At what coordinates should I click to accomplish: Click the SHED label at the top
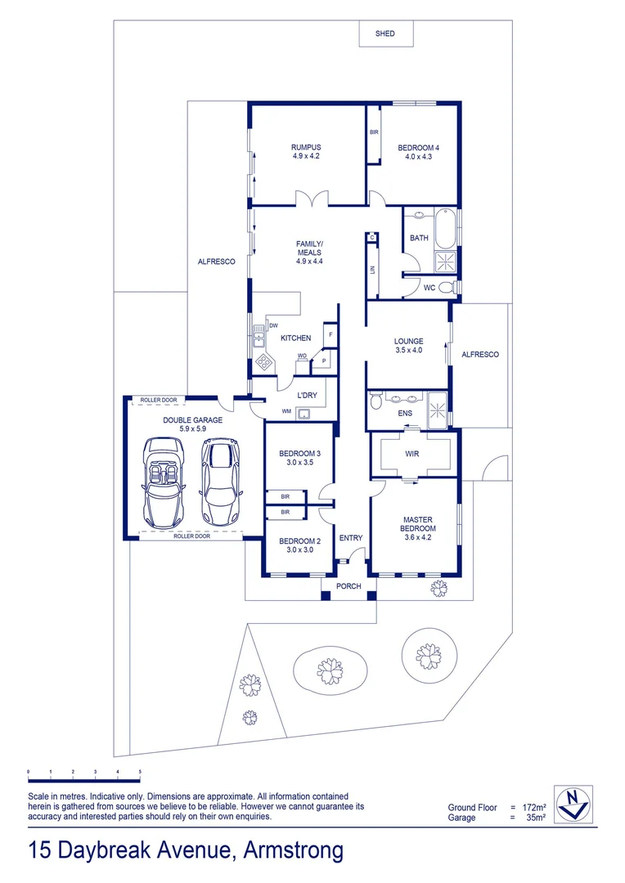[x=384, y=34]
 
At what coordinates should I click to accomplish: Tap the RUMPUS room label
[x=306, y=151]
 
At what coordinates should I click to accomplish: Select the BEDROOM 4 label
[x=418, y=151]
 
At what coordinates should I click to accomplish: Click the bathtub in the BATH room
[x=446, y=230]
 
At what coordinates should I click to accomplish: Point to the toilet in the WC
[x=445, y=287]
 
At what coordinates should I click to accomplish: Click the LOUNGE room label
[x=408, y=346]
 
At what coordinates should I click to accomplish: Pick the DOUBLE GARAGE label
[x=192, y=424]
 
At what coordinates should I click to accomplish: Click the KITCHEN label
[x=295, y=338]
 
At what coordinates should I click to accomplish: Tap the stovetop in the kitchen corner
[x=264, y=361]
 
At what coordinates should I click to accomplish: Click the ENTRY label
[x=350, y=538]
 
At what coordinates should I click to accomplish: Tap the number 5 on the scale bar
[x=140, y=771]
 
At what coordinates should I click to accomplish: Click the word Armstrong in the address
[x=294, y=850]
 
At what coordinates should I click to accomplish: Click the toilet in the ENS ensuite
[x=376, y=401]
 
